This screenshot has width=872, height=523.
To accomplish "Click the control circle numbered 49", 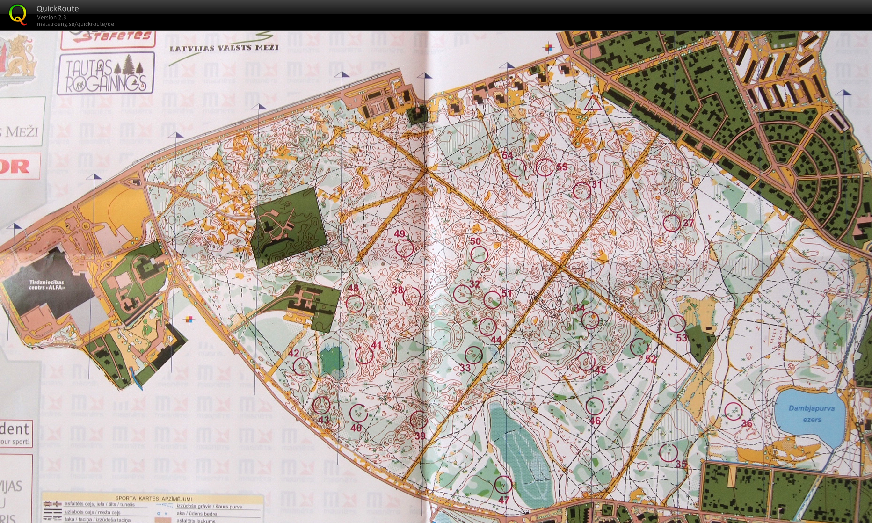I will [x=405, y=248].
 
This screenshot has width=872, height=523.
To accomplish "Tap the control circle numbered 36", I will [x=733, y=411].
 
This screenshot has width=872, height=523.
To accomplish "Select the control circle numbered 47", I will [x=503, y=484].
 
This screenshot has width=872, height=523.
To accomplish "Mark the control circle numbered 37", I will [x=672, y=223].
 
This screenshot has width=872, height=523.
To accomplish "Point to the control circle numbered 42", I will [x=302, y=366].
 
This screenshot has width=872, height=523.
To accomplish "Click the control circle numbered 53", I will [x=676, y=324].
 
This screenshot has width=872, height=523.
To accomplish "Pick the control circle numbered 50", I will [x=479, y=254].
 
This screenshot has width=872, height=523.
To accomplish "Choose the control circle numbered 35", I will [x=669, y=452].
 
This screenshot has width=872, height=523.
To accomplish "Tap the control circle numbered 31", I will [x=581, y=190].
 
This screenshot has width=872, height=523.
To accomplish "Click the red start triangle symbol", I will [x=592, y=104].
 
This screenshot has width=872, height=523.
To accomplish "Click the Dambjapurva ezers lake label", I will [x=812, y=414].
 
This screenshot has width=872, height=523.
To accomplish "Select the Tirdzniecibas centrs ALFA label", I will [x=47, y=285].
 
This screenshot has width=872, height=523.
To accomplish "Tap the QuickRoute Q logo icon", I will [x=18, y=14].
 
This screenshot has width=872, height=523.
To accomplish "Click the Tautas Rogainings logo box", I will [x=106, y=73].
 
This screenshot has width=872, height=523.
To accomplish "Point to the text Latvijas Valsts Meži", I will [x=224, y=48].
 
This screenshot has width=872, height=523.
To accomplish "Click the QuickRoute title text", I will [x=58, y=8].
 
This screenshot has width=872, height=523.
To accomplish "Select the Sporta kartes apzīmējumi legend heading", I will [x=153, y=499].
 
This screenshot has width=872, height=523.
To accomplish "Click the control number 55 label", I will [x=562, y=167].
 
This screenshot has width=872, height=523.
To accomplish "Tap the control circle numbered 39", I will [x=418, y=420].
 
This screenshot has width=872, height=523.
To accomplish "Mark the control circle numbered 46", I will [x=594, y=406].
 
